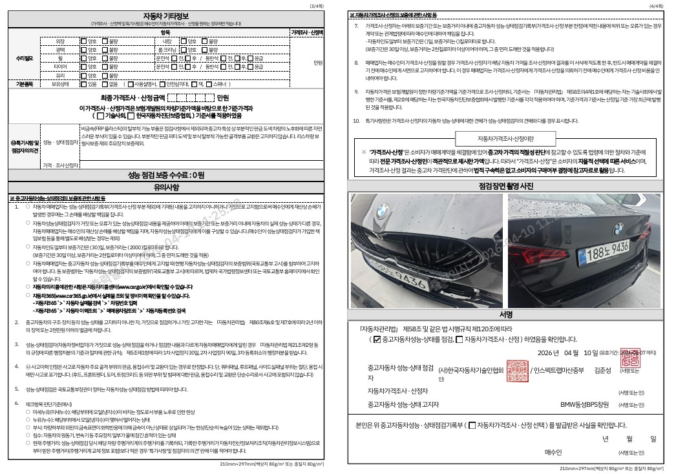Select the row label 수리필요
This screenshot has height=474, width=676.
[25, 59]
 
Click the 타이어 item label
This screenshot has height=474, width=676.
[60, 67]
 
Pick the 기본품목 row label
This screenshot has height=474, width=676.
[25, 84]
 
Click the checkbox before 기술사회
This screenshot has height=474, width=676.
[100, 116]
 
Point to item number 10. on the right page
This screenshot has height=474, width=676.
[356, 121]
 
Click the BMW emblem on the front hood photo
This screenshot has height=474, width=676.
[384, 211]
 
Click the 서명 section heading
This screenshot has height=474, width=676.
[505, 314]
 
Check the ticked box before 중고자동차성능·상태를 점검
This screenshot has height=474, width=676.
[376, 339]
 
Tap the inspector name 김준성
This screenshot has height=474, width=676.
[602, 370]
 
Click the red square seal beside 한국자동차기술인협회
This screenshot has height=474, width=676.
[516, 370]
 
